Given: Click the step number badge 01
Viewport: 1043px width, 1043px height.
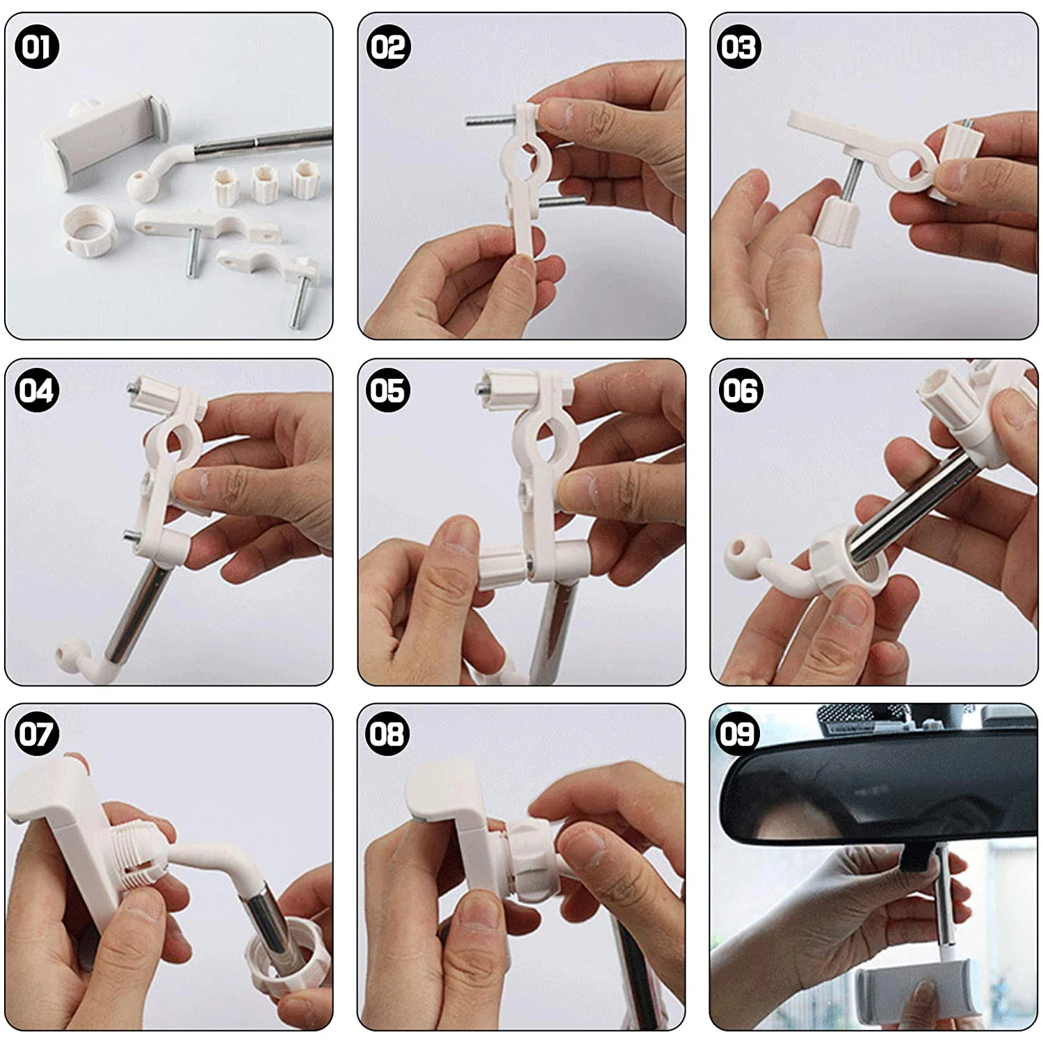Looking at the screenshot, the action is [37, 47].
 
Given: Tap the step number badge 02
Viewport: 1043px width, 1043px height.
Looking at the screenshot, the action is [388, 47].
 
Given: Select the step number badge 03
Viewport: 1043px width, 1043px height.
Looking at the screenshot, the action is [739, 47].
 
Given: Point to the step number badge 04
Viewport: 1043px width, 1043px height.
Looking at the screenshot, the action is [37, 390].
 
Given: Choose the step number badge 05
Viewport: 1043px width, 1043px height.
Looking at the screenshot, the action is [388, 390].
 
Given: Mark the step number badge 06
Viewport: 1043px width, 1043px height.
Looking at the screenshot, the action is [741, 390].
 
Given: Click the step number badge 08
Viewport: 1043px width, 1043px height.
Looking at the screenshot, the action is [388, 734].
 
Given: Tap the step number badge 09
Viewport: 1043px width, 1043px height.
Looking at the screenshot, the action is [738, 734].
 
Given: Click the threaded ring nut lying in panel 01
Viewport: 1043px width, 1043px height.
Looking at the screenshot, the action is [86, 232].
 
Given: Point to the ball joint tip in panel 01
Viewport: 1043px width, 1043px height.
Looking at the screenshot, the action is [138, 186].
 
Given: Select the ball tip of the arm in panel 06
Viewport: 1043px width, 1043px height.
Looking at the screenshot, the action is [742, 555].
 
